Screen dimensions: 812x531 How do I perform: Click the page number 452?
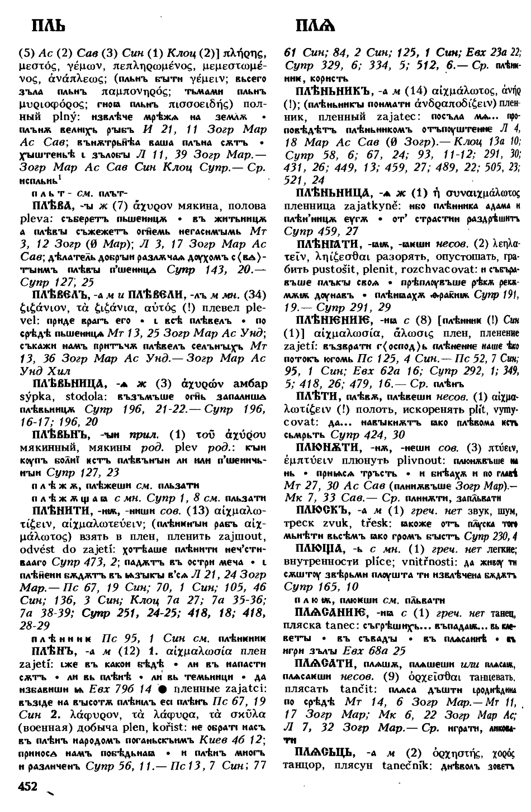click(28, 787)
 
